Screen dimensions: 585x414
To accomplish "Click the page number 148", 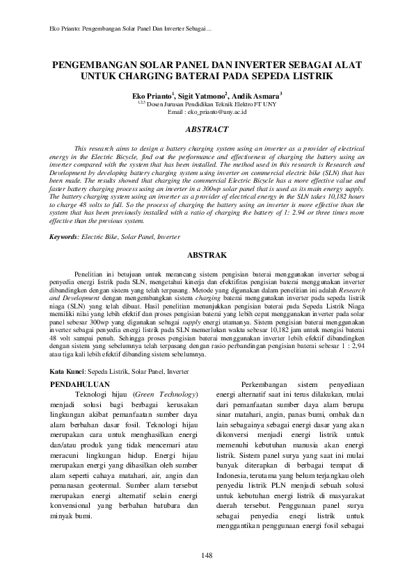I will point(207,553).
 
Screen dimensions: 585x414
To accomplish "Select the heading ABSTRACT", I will point(207,129).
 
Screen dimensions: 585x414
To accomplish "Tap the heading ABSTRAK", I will point(207,256).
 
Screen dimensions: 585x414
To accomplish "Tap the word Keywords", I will point(66,237).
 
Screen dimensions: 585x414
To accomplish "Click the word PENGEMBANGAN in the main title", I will point(95,63).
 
